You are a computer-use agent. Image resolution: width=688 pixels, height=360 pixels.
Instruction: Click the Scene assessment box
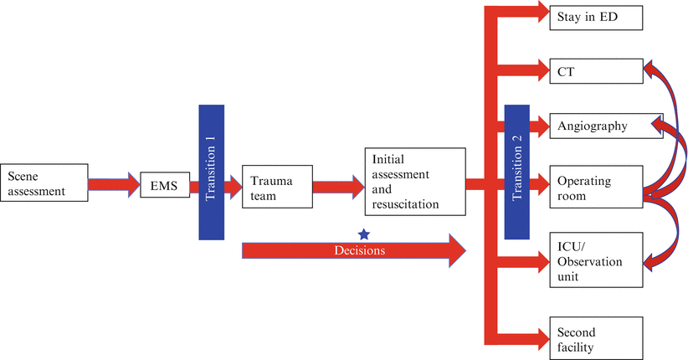tap(44, 183)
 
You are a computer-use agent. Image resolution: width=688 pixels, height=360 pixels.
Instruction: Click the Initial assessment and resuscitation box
tap(414, 181)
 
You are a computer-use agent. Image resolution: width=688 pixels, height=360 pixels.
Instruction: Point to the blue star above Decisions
tap(363, 234)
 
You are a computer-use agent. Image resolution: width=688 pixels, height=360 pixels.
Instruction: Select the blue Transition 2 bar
tap(517, 172)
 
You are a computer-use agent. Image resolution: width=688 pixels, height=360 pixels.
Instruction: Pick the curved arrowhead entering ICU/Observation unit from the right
tap(649, 261)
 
